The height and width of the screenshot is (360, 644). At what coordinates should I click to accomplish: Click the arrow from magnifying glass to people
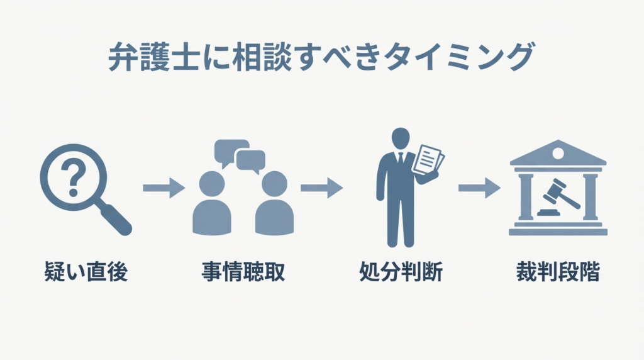[164, 188]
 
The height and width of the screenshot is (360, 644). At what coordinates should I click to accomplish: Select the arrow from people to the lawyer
[321, 188]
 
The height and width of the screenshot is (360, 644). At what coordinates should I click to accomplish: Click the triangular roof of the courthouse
[558, 153]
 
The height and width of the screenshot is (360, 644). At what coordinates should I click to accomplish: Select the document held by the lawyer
[430, 159]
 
